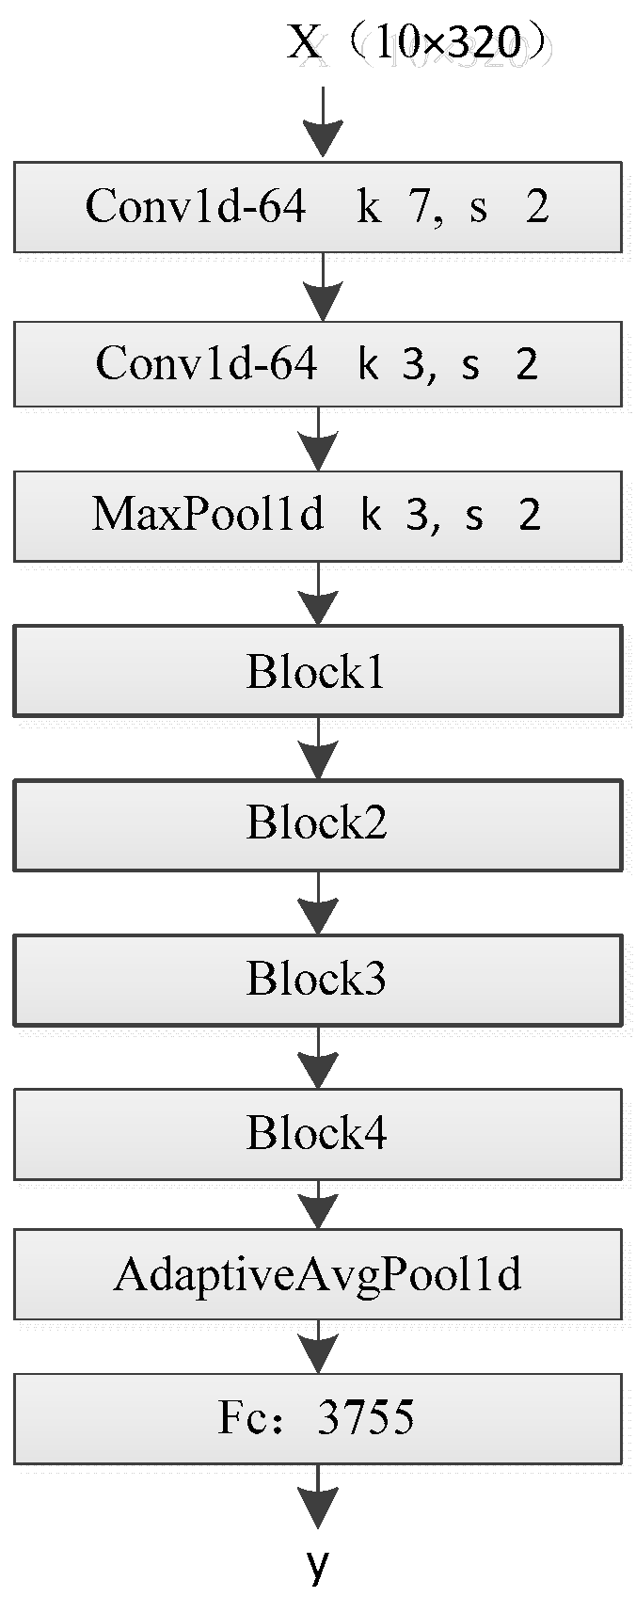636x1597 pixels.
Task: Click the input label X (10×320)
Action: click(421, 42)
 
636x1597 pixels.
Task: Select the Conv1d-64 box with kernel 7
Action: click(318, 207)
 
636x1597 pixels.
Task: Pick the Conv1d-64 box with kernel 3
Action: click(318, 364)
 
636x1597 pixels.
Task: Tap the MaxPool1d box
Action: click(318, 516)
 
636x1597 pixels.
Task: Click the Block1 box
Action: click(318, 671)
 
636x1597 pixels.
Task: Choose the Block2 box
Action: click(318, 825)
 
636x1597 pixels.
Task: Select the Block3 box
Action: click(318, 981)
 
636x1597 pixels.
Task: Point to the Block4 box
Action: click(318, 1134)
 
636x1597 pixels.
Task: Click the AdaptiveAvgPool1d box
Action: click(318, 1274)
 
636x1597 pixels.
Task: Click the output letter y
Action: click(319, 1565)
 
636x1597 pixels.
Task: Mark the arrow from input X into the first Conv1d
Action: click(323, 122)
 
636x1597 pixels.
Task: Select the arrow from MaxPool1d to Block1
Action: click(318, 593)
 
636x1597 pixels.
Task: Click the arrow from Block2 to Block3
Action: click(318, 902)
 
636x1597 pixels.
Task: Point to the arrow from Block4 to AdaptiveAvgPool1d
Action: click(318, 1205)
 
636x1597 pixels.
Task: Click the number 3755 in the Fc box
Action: click(366, 1417)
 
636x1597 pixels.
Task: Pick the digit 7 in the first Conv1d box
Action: click(420, 207)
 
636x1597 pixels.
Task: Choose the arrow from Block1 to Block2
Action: click(318, 748)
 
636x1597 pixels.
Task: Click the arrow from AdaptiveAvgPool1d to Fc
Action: click(318, 1347)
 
